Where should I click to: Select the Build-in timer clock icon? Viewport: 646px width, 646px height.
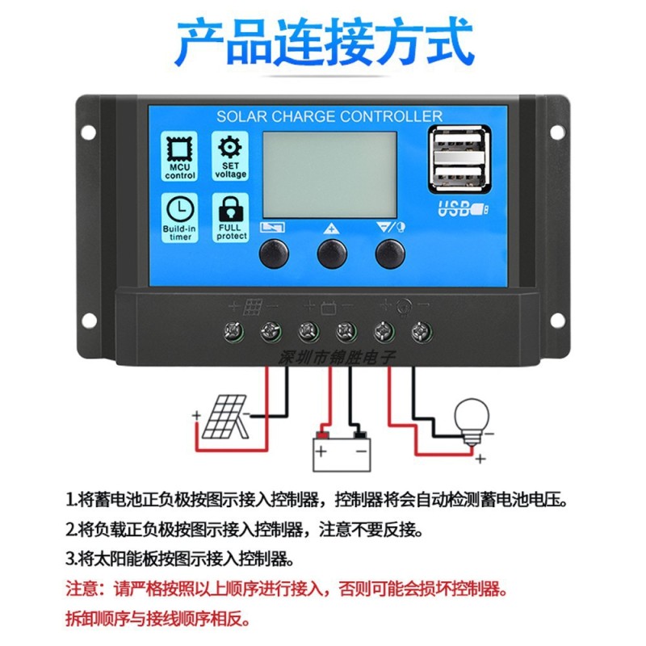tap(180, 209)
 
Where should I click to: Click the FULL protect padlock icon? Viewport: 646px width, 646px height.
tap(230, 209)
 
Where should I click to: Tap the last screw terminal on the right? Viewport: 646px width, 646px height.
tap(419, 330)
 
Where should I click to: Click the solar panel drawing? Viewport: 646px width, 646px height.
tap(225, 417)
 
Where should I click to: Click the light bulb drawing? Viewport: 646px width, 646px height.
tap(472, 417)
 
